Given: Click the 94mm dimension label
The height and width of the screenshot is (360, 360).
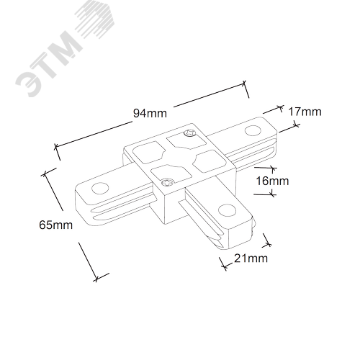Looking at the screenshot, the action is coord(150,113).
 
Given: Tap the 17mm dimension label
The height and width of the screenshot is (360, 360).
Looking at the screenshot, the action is coord(305,112).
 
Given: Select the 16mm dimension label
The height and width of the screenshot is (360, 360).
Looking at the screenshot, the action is coord(272,181).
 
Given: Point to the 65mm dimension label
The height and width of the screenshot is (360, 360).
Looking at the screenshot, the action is coord(55,225).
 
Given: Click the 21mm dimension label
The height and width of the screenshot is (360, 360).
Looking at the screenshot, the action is coord(251,258).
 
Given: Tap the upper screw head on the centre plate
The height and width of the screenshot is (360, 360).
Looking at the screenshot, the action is coord(189,133).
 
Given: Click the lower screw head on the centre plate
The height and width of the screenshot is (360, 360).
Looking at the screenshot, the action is coord(167,183).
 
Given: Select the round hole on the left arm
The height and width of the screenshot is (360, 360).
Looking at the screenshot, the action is coord(100,188).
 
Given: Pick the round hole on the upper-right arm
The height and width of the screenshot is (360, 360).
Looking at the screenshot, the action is coord(253,131).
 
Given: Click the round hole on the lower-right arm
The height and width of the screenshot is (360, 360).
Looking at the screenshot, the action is coord(227,210).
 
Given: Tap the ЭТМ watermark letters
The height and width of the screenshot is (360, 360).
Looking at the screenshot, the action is coord(48,64).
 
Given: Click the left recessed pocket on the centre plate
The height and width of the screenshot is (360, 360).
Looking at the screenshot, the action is coord(149,153).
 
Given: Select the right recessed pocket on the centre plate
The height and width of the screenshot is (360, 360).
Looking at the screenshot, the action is coord(210,161).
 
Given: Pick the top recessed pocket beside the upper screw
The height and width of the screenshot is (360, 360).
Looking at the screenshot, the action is coord(186,142).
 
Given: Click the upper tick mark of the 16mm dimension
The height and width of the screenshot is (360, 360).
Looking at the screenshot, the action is coord(273,168).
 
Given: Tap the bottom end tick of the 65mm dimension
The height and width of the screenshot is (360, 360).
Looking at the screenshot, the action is coord(96,279).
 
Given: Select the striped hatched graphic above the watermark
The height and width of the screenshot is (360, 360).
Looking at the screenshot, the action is coord(95,24).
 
